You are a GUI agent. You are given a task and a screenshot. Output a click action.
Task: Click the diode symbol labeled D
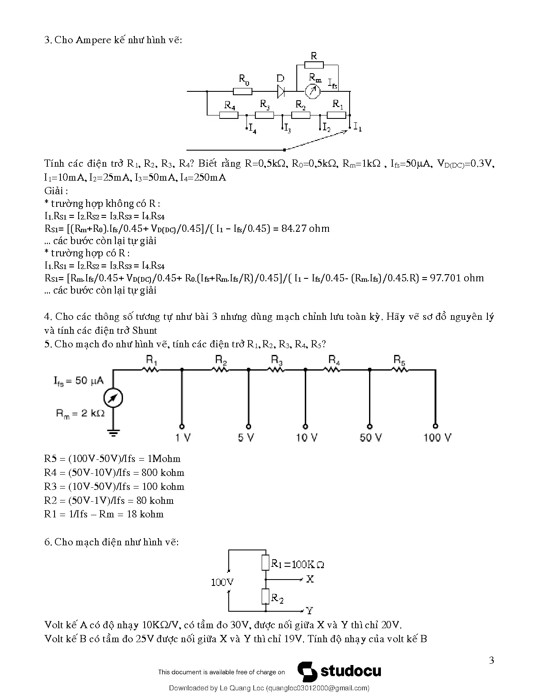pos(281,91)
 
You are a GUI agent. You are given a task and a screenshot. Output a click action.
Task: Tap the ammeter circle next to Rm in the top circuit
pos(313,92)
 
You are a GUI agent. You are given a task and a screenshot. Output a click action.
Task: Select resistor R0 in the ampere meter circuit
pos(242,92)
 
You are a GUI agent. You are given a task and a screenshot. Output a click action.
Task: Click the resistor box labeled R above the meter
pos(314,65)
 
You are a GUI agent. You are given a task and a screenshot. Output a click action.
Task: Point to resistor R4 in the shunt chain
pos(229,115)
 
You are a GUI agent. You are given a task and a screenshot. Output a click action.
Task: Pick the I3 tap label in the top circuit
pos(287,129)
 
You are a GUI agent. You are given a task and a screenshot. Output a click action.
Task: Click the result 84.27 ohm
pos(305,228)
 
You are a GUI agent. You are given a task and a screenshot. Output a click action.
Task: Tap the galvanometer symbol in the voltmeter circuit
pos(113,398)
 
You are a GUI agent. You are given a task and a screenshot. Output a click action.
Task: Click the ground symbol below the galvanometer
pos(113,433)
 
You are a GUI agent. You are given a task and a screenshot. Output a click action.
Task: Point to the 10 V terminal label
pos(306,437)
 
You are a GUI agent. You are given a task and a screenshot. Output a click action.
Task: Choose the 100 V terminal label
pos(437,437)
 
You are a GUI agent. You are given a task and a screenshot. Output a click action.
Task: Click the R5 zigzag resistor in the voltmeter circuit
pos(399,370)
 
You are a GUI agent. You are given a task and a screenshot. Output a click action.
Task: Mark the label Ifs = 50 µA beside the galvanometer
pos(78,381)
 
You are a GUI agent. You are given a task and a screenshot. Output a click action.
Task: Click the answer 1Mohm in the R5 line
pos(164,459)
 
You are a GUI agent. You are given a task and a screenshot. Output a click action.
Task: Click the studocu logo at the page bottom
pos(339,671)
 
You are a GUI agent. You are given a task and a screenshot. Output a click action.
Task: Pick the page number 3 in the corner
pos(491,660)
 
